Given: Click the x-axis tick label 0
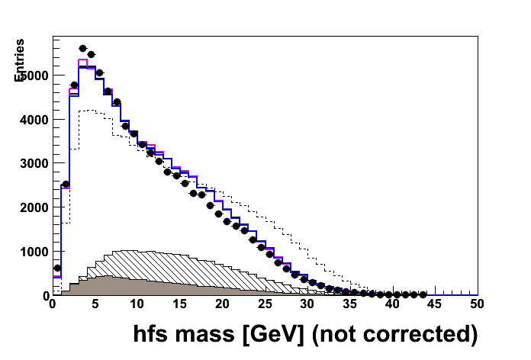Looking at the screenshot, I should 52,304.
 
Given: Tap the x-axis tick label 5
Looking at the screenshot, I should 95,304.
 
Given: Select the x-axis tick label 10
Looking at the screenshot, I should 137,304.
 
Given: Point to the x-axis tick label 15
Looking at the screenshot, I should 179,304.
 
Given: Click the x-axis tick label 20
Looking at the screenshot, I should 222,304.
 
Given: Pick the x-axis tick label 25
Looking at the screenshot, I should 265,304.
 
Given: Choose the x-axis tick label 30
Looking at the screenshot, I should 307,304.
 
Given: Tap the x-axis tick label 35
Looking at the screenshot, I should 350,304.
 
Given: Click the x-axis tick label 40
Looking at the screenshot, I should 393,304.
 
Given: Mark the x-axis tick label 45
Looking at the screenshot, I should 435,304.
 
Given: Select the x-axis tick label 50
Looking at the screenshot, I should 478,304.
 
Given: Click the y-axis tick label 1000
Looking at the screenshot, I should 35,252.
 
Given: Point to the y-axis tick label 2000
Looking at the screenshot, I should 35,207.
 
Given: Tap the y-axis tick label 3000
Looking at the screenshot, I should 35,163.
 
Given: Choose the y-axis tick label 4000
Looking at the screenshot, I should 35,120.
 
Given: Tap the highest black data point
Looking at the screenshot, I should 82,48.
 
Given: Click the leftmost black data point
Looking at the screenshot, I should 57,268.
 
